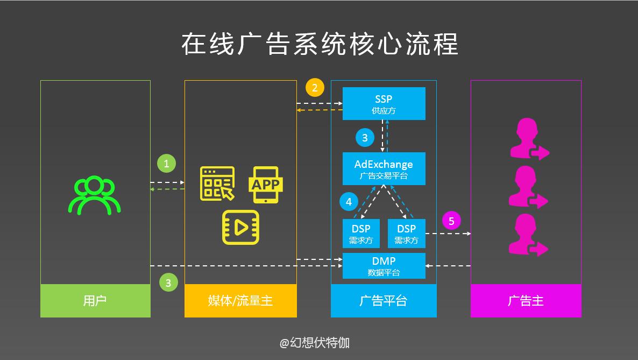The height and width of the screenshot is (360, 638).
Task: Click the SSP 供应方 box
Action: (x=384, y=103)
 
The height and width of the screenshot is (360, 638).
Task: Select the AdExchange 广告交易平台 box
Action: (x=384, y=168)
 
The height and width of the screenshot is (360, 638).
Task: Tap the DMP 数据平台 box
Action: (x=384, y=266)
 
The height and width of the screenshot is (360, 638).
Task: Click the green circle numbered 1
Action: (x=166, y=164)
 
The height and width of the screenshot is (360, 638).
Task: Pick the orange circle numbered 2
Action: (x=315, y=87)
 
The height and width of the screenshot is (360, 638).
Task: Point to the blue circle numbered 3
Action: (x=365, y=138)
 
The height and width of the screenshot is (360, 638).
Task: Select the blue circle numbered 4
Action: (x=349, y=202)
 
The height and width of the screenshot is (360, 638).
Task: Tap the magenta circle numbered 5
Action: (x=451, y=221)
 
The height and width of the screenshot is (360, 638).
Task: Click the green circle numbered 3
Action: (x=168, y=283)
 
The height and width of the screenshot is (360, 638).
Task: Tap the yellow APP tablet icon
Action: (x=266, y=185)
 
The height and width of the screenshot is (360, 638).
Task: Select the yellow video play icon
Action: (x=240, y=227)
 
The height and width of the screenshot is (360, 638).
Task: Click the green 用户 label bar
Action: (x=95, y=300)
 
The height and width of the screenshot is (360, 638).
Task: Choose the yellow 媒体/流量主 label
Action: (x=240, y=300)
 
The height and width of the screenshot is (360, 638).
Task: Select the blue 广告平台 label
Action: (x=384, y=300)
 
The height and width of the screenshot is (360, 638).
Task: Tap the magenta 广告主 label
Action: (x=526, y=300)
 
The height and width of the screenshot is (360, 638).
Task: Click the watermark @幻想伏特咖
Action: (x=314, y=343)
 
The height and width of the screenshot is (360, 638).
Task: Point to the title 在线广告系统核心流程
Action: (x=320, y=44)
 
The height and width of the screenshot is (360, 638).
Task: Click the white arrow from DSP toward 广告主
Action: (x=448, y=234)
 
